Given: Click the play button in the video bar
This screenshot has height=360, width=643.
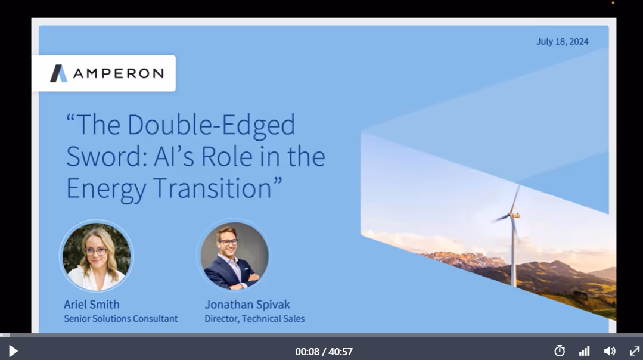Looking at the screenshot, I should click(13, 351).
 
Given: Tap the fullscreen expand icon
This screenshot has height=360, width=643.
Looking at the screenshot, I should click(635, 351).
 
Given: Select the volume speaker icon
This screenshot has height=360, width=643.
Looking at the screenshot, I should click(610, 351).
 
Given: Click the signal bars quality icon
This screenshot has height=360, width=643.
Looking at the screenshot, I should click(584, 351).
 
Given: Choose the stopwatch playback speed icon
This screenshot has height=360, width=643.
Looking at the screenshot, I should click(559, 351).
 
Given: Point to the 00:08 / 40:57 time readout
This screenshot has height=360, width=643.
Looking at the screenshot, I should click(324, 352).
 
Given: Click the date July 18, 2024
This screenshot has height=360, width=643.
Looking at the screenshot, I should click(562, 41).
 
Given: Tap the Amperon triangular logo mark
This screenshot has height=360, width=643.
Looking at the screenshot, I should click(58, 73).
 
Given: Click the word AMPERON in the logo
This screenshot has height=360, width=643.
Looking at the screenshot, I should click(118, 73).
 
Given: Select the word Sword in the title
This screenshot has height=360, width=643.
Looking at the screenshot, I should click(98, 156).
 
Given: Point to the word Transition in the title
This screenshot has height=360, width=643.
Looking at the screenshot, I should click(216, 188).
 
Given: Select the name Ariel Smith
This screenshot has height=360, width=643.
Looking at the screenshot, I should click(92, 305).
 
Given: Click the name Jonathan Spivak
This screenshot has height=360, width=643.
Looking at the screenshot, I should click(247, 305).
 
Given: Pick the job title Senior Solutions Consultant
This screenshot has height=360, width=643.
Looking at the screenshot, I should click(120, 319).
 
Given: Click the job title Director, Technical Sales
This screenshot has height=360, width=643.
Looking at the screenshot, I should click(254, 319).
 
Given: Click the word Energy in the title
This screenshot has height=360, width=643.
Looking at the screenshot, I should click(105, 188).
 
